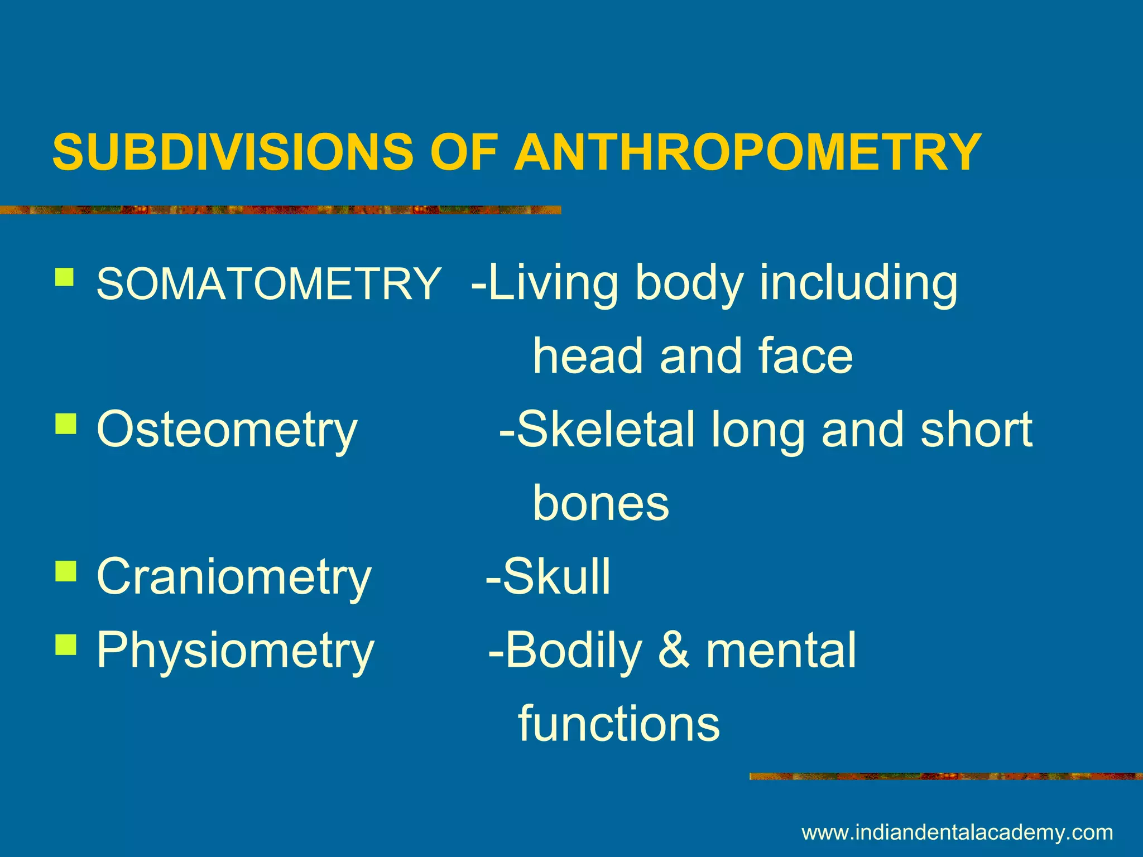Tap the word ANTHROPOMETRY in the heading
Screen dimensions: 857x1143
point(748,152)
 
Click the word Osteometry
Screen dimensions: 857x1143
point(227,430)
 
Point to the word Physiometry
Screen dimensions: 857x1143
point(235,650)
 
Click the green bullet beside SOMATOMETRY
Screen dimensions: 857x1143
point(65,277)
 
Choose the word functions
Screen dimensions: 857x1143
point(619,723)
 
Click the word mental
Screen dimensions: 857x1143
point(781,650)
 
